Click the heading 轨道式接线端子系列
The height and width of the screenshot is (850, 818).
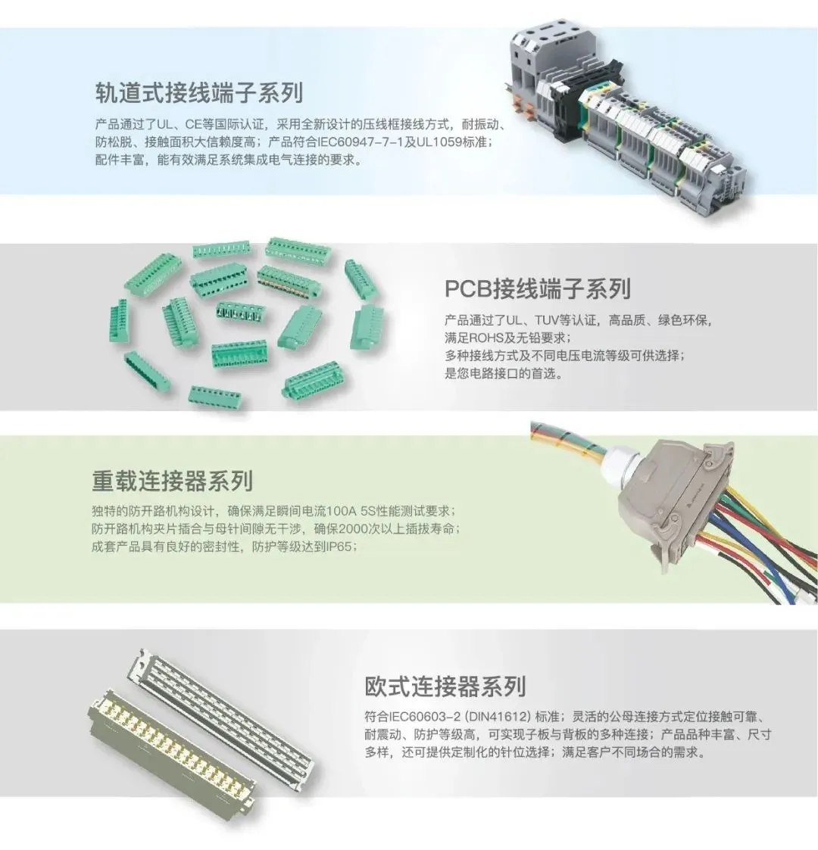coord(199,92)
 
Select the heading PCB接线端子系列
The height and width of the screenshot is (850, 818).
coord(538,289)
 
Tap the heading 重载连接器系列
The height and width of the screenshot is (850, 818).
coord(173,481)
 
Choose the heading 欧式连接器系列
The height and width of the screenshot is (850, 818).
coord(445,687)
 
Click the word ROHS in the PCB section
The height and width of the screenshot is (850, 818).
coord(486,338)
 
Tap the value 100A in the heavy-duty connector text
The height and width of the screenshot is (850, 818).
coord(341,511)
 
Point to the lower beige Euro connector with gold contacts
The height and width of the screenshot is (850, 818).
coord(169,754)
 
